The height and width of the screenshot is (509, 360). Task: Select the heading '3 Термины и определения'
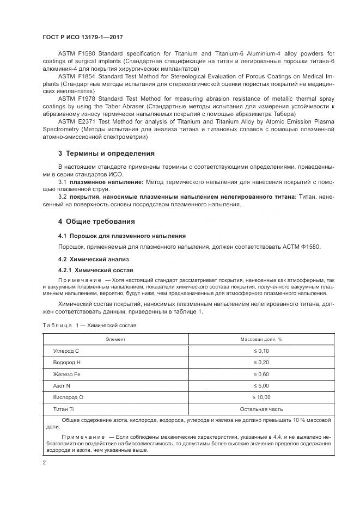tap(106, 153)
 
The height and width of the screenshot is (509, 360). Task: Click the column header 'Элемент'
tap(115, 339)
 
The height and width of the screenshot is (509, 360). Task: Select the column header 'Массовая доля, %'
tap(261, 339)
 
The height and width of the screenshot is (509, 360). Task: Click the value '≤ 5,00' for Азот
tap(261, 385)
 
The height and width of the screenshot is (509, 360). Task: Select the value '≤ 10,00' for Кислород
tap(261, 397)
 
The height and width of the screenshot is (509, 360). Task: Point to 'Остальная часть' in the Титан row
tap(261, 408)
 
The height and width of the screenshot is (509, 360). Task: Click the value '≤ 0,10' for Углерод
tap(261, 351)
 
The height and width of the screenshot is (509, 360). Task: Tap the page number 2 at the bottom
tap(44, 463)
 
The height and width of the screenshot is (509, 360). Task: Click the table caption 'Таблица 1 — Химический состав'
tap(89, 325)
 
